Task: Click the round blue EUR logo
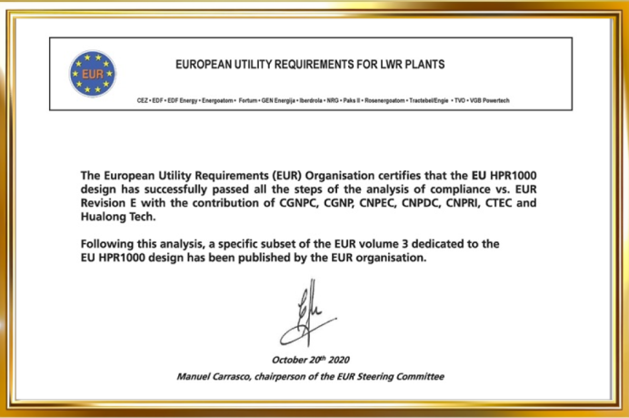(94, 74)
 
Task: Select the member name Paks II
(364, 99)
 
